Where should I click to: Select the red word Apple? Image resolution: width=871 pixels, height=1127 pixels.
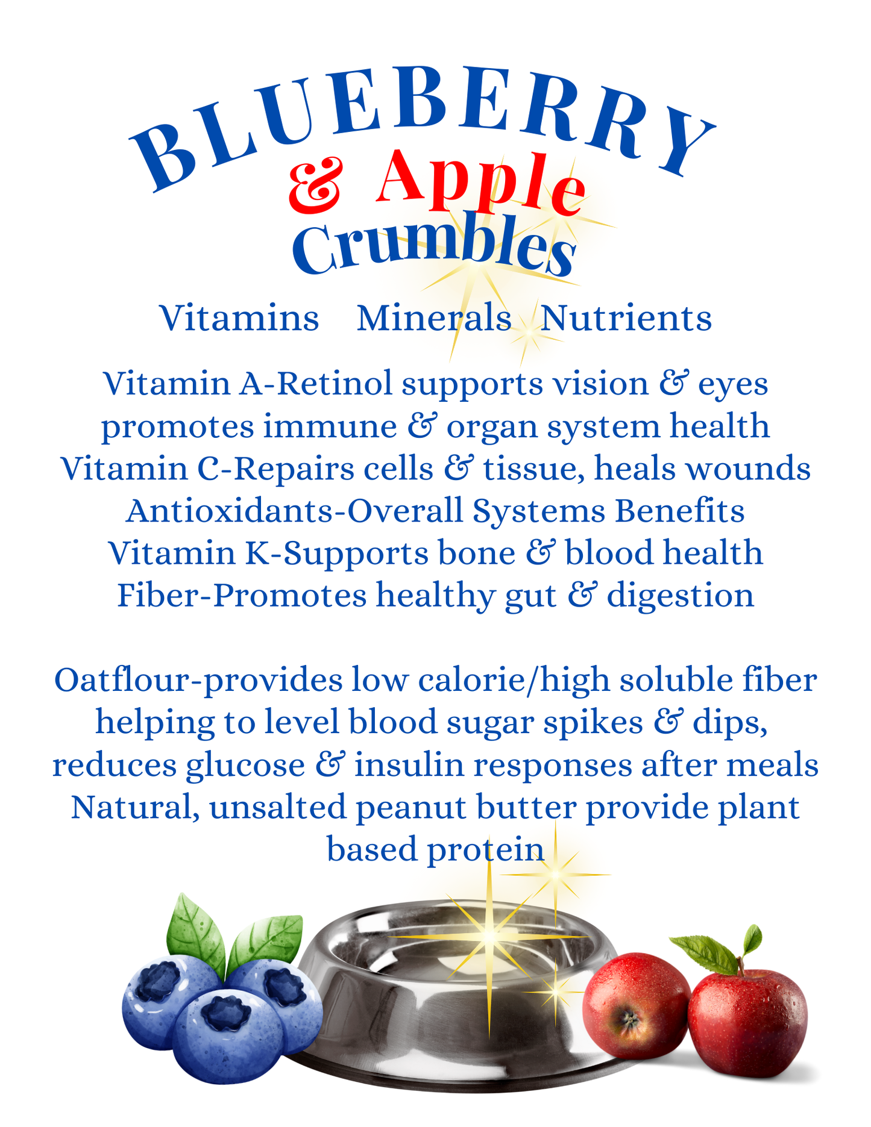(481, 181)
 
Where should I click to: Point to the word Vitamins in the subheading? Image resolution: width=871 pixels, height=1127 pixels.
(239, 318)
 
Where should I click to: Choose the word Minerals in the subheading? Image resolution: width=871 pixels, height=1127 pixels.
(434, 318)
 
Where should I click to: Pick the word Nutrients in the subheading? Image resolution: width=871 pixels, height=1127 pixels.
(626, 318)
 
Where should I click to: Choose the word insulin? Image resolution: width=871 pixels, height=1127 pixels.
(409, 765)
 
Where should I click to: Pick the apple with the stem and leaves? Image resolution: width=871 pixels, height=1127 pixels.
(747, 1018)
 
